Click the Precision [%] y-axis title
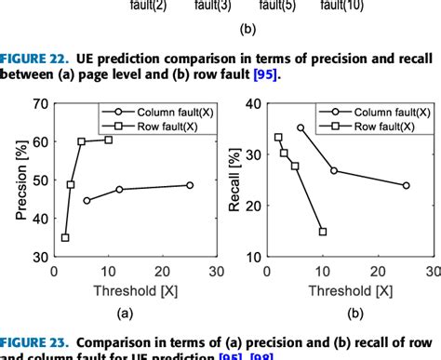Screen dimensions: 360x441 21,176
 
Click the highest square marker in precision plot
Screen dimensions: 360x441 109,140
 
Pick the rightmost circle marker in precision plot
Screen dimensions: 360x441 190,185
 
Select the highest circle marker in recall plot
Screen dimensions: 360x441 300,127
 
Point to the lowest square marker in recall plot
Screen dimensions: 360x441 322,232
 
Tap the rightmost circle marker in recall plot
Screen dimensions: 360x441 406,185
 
